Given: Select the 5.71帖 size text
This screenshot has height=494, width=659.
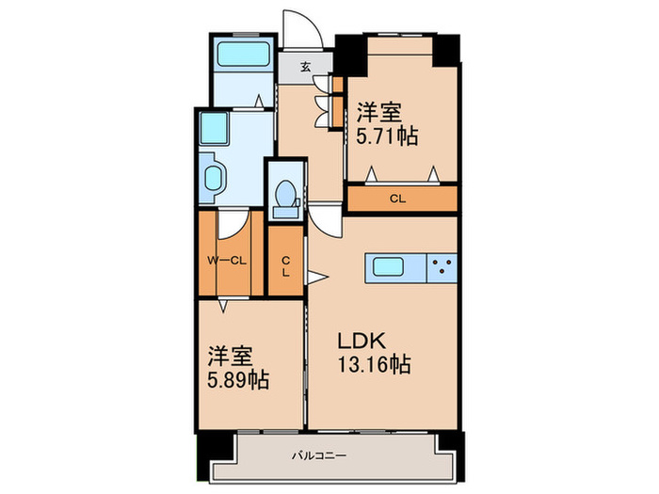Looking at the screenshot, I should coord(387,135).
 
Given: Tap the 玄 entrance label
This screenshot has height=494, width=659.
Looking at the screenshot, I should coord(307,67).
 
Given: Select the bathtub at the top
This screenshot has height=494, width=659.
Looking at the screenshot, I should coord(241,53).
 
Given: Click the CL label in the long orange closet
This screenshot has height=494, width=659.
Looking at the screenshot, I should coord(398,199).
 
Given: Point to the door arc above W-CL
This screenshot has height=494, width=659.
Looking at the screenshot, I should coord(233,222).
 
